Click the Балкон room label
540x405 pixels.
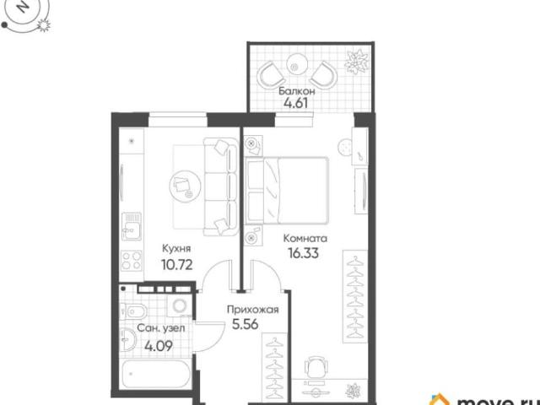pos(296,91)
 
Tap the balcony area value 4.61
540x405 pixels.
pos(295,103)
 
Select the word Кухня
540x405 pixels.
pos(176,249)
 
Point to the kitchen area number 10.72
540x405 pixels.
pos(176,264)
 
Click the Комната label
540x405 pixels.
pos(305,238)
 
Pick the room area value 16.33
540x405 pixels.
pos(304,253)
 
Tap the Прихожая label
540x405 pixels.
pos(253,310)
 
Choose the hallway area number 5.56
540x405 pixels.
pos(246,324)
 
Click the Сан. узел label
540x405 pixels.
pos(161,328)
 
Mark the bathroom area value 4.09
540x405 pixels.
pos(159,346)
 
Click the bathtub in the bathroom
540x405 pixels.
pos(156,374)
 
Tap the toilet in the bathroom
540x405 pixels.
pos(134,312)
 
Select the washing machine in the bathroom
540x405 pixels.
pos(179,305)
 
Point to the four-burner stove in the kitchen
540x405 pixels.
pos(132,261)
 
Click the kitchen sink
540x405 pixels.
pos(132,226)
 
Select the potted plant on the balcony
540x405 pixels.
pos(357,62)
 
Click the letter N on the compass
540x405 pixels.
pos(23,7)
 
